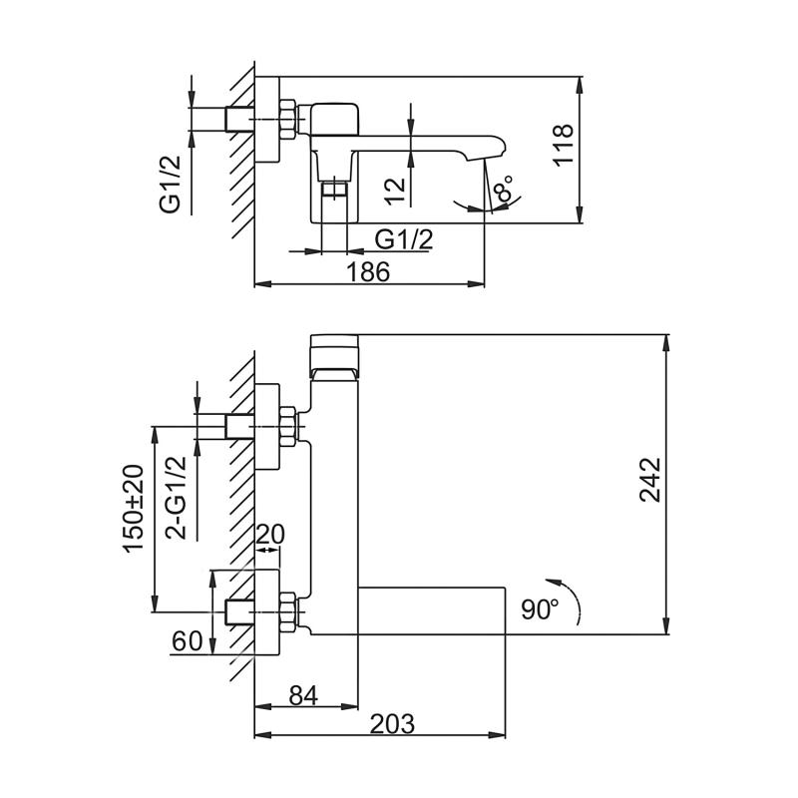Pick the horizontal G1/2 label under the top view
[403, 238]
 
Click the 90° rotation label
[540, 607]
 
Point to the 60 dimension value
[188, 641]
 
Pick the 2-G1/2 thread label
[177, 495]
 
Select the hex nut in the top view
[287, 118]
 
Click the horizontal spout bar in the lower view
[431, 607]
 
